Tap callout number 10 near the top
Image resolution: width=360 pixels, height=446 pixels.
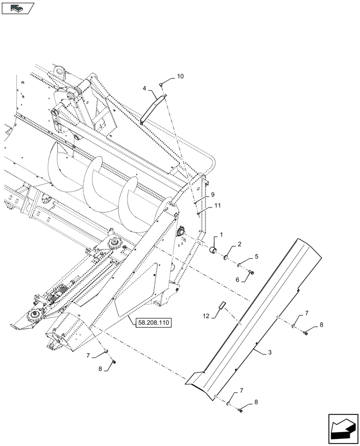point(180,77)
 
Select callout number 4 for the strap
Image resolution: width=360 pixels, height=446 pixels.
point(144,89)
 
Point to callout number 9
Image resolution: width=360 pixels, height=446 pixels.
point(213,194)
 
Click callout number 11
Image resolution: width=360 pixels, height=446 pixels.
point(217,205)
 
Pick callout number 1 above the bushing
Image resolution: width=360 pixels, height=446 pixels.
point(221,235)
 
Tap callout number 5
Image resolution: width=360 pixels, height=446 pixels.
point(256,256)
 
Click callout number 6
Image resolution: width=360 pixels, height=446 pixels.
point(238,279)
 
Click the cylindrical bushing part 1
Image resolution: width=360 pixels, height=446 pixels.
point(214,252)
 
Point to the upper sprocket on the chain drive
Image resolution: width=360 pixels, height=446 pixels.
point(115,243)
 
